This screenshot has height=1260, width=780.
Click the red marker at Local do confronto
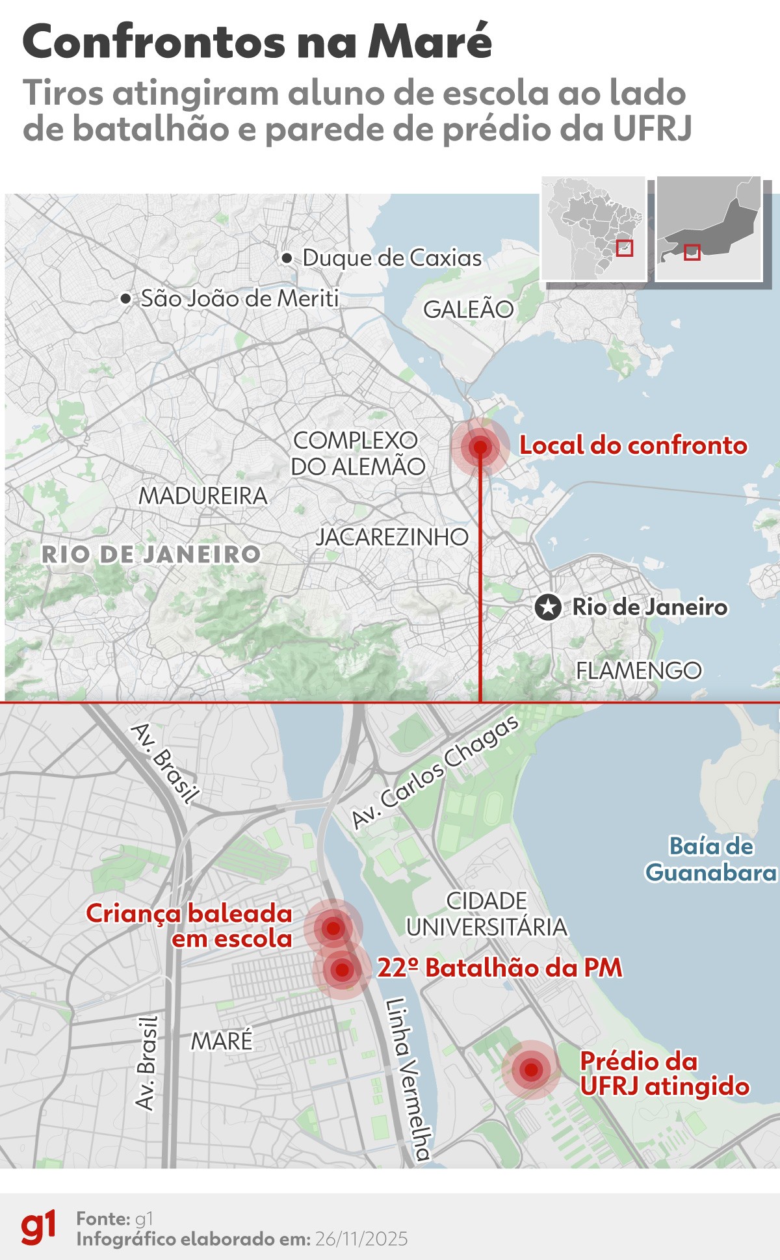480,447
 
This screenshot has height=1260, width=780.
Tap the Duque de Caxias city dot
287,259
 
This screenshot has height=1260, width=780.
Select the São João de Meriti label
240,298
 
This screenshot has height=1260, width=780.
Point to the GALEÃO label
468,309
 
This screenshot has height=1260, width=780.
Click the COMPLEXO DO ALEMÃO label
357,453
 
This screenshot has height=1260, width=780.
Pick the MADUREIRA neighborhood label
203,496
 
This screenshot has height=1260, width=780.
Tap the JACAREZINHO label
392,537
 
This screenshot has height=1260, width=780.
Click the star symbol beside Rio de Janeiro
548,607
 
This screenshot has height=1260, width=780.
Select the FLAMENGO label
639,670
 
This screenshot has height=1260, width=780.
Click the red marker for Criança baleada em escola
333,928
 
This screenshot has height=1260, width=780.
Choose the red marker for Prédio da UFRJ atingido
532,1069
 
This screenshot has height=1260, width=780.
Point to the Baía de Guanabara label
711,859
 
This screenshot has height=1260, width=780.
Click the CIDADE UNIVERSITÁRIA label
487,913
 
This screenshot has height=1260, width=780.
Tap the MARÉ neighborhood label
222,1041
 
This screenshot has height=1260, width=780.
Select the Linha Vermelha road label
408,1079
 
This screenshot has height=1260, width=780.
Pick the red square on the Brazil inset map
624,248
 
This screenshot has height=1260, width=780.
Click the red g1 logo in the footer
39,1228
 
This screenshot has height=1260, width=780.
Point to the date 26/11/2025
361,1239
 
